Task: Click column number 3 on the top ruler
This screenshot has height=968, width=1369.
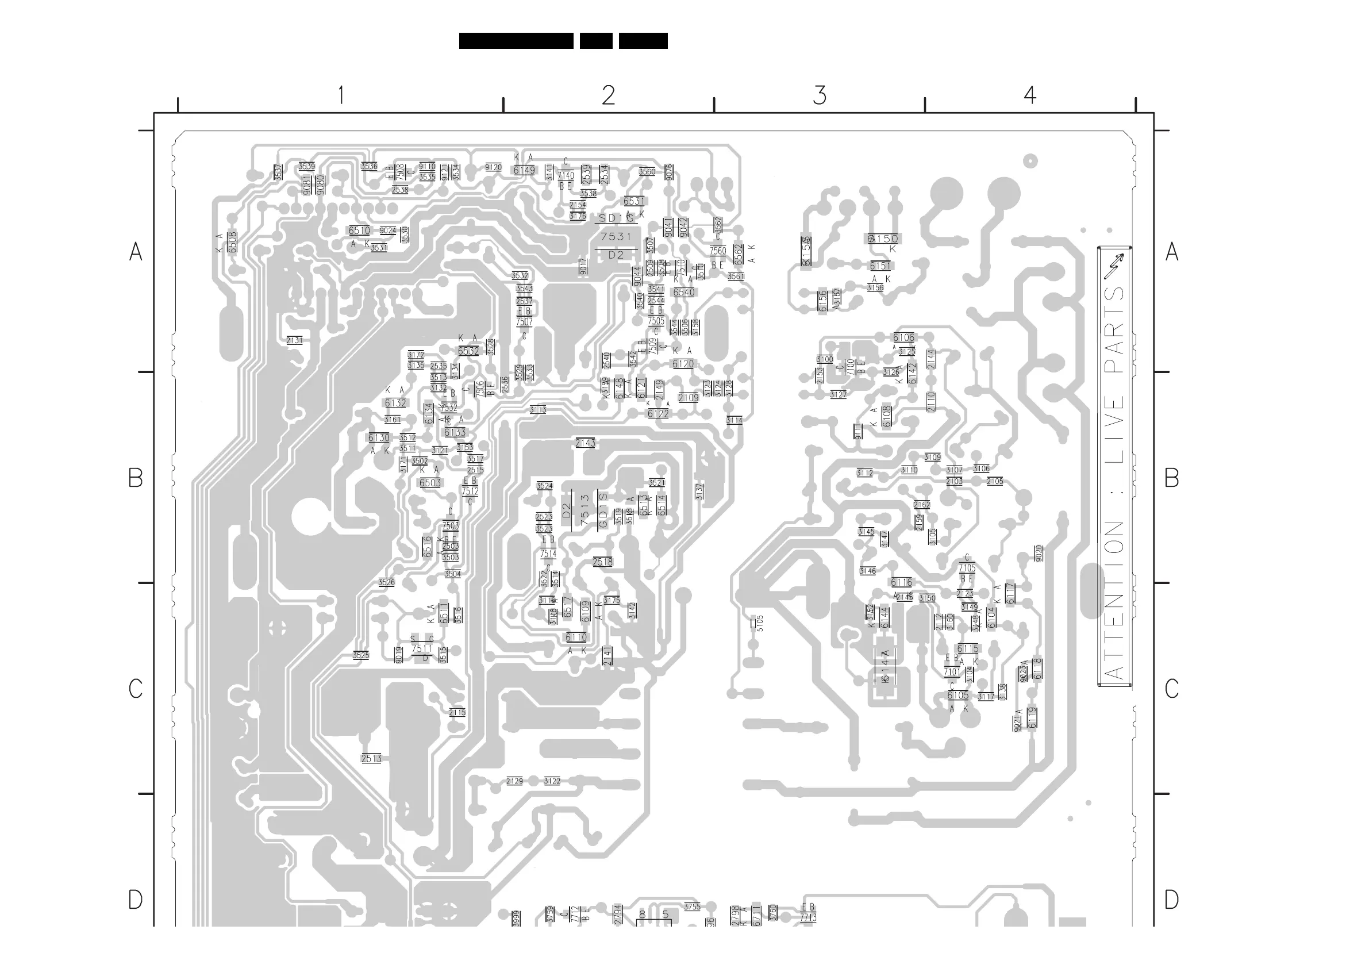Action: pyautogui.click(x=820, y=95)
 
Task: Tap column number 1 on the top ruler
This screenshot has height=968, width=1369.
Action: pyautogui.click(x=341, y=95)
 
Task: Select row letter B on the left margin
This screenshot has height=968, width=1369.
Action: pyautogui.click(x=136, y=478)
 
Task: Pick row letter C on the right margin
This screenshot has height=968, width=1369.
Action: pyautogui.click(x=1172, y=689)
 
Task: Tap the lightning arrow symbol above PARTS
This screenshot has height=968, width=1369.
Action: pyautogui.click(x=1113, y=266)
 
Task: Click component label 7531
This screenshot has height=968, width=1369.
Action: pyautogui.click(x=616, y=237)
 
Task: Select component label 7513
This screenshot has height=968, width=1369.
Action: pyautogui.click(x=585, y=510)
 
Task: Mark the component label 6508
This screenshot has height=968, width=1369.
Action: pyautogui.click(x=233, y=241)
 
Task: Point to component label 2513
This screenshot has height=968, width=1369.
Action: pyautogui.click(x=371, y=759)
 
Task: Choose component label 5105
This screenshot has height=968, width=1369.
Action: pyautogui.click(x=760, y=623)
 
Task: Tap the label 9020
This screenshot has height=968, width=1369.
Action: pyautogui.click(x=1039, y=553)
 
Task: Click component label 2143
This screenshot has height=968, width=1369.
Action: pyautogui.click(x=586, y=443)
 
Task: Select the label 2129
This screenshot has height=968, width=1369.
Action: pyautogui.click(x=514, y=781)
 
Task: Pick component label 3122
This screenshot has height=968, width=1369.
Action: pyautogui.click(x=552, y=781)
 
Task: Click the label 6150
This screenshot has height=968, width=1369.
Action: pyautogui.click(x=883, y=239)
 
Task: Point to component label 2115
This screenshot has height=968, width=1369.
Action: pyautogui.click(x=457, y=713)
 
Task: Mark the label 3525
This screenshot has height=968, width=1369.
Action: pyautogui.click(x=361, y=655)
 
